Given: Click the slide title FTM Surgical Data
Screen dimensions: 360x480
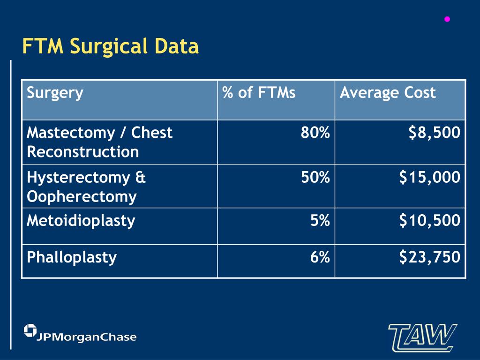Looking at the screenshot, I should pos(111,46).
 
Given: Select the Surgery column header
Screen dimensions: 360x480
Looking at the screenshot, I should pos(55,92).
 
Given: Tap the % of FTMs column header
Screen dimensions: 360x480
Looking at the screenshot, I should pos(259,92).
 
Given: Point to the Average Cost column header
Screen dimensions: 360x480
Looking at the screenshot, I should pos(388,92).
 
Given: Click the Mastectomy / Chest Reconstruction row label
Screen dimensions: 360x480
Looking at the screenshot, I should pos(99,142).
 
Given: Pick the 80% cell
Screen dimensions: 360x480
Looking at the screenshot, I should pos(315,133).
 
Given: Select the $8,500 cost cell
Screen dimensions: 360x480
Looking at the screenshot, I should pos(434,133).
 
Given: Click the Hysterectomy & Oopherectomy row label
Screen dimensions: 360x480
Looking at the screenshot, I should pos(87,187).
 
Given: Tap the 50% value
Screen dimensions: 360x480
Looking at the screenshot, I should pos(315,177).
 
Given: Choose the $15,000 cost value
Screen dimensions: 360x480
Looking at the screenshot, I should pos(429,177).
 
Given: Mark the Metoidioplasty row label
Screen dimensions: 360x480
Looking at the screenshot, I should pos(81,220).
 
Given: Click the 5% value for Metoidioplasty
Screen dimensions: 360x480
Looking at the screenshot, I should pos(320,220).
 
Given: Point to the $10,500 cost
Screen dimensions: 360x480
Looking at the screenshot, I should pos(429,220).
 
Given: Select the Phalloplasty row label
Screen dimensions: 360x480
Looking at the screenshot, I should pos(72,257).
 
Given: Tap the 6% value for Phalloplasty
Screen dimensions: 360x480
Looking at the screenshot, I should pos(320,257).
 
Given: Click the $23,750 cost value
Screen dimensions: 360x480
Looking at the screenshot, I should pos(429,257).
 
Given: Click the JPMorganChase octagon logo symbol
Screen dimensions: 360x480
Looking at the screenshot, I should pos(30,330).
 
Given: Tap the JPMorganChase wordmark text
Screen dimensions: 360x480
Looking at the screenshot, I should pos(87,337).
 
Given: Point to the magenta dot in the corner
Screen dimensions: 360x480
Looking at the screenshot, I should pos(447,19).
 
